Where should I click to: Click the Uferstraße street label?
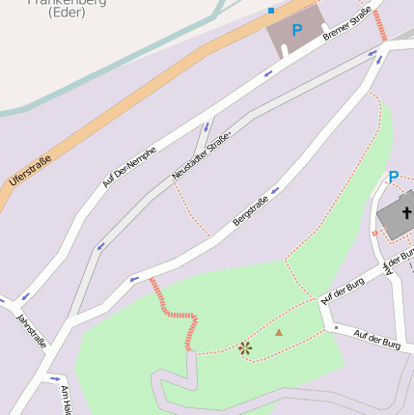tap(29, 172)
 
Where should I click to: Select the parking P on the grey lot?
tap(296, 31)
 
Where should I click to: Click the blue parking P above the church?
tap(393, 178)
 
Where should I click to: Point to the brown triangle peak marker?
tap(279, 332)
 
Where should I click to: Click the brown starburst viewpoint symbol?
tap(245, 347)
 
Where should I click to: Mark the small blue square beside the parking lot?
tap(271, 11)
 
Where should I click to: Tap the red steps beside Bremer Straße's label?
tap(381, 25)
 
